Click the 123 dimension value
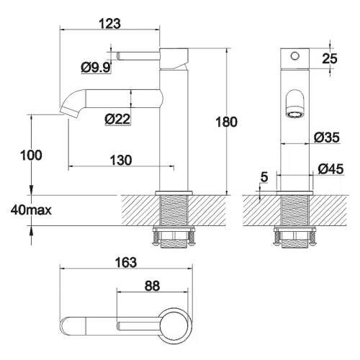[x=109, y=24]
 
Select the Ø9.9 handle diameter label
[x=96, y=67]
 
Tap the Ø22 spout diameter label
[x=117, y=119]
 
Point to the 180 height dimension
[x=226, y=122]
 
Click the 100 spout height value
[x=31, y=155]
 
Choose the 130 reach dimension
[x=121, y=160]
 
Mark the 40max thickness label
[x=31, y=210]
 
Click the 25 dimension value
[x=330, y=58]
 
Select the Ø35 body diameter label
[x=327, y=138]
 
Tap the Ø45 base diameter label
[x=330, y=168]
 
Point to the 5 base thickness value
[x=264, y=177]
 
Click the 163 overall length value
[x=126, y=262]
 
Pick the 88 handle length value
[x=152, y=286]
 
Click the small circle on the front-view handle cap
[x=295, y=56]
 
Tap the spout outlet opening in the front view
[x=295, y=115]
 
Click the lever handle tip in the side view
[x=118, y=56]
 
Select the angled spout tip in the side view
[x=69, y=112]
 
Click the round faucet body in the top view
[x=175, y=323]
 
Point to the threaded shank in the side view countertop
[x=174, y=210]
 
